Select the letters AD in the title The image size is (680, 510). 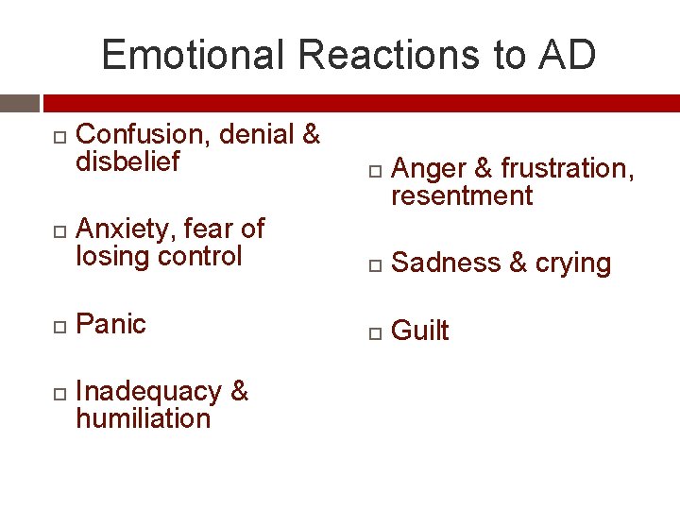[x=568, y=55]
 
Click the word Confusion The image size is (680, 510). [x=143, y=135]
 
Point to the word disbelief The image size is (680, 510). [x=127, y=162]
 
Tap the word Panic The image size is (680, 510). [x=110, y=324]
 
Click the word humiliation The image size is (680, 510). [x=143, y=418]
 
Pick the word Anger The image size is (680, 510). [x=428, y=169]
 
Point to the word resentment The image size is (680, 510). [x=462, y=196]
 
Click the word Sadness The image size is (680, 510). [x=445, y=263]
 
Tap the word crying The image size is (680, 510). [x=573, y=263]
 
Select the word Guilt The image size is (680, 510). [x=420, y=331]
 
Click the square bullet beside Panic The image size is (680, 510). [x=59, y=326]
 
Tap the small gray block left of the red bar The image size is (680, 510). [x=19, y=103]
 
